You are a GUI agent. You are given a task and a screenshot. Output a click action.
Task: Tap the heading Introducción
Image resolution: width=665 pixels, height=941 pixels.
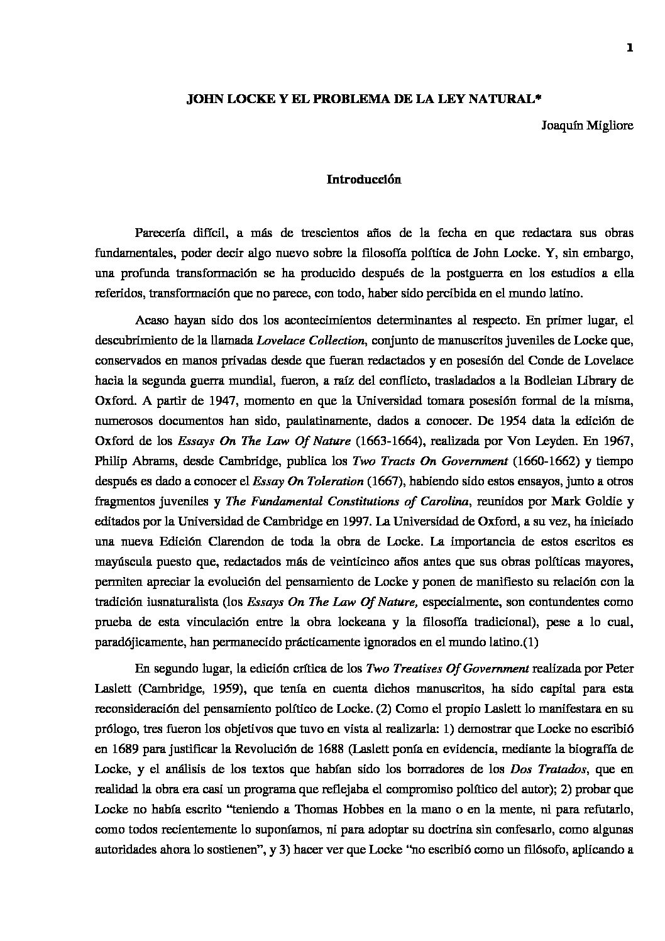pyautogui.click(x=363, y=180)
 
